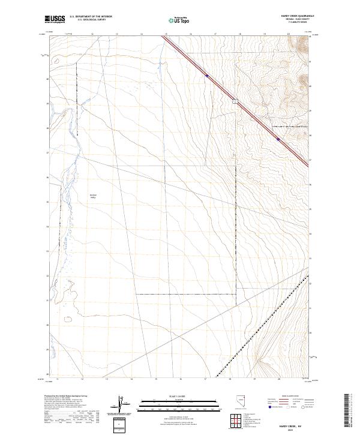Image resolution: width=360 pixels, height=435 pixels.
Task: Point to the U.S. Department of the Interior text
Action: (90, 17)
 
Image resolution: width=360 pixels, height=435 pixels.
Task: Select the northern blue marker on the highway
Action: (206, 76)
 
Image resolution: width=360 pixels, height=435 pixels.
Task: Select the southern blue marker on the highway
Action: (278, 139)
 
